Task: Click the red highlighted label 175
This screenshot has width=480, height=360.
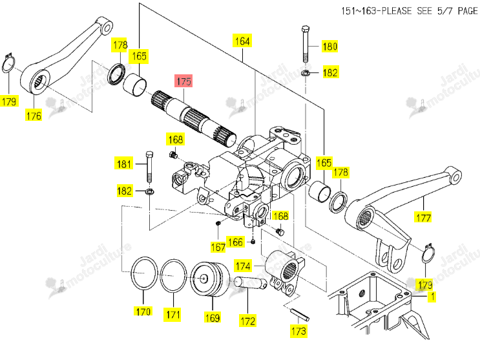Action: (x=183, y=81)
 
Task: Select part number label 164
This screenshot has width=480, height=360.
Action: (x=242, y=41)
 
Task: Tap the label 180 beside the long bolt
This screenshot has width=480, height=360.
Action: (x=329, y=47)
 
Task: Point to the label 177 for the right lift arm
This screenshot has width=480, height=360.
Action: (x=424, y=218)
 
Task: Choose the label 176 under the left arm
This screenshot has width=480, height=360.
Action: (x=34, y=116)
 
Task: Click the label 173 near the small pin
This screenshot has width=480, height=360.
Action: (x=298, y=331)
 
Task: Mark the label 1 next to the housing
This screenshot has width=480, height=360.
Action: (x=432, y=296)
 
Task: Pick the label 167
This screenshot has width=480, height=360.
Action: (x=218, y=247)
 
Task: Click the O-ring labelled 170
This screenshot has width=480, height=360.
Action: (x=144, y=273)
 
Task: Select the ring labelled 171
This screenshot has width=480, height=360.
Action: (x=174, y=275)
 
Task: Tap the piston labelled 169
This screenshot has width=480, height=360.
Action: (x=210, y=279)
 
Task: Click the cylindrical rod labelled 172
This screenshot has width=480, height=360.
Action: (x=250, y=282)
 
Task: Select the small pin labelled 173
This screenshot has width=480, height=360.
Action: (x=300, y=315)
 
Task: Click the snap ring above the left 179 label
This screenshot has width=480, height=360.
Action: (x=8, y=64)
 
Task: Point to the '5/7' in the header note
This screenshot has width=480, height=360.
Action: (x=444, y=11)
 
